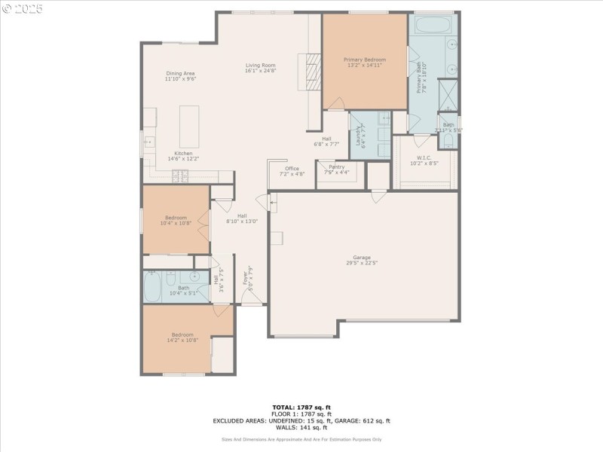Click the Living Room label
261,66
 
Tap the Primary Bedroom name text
365,60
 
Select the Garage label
362,257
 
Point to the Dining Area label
181,73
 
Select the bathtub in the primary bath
431,26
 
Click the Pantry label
336,166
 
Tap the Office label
292,169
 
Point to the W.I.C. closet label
423,157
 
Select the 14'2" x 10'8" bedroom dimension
182,341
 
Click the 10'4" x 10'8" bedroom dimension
176,223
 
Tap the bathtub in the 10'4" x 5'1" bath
159,286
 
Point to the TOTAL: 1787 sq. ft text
301,407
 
